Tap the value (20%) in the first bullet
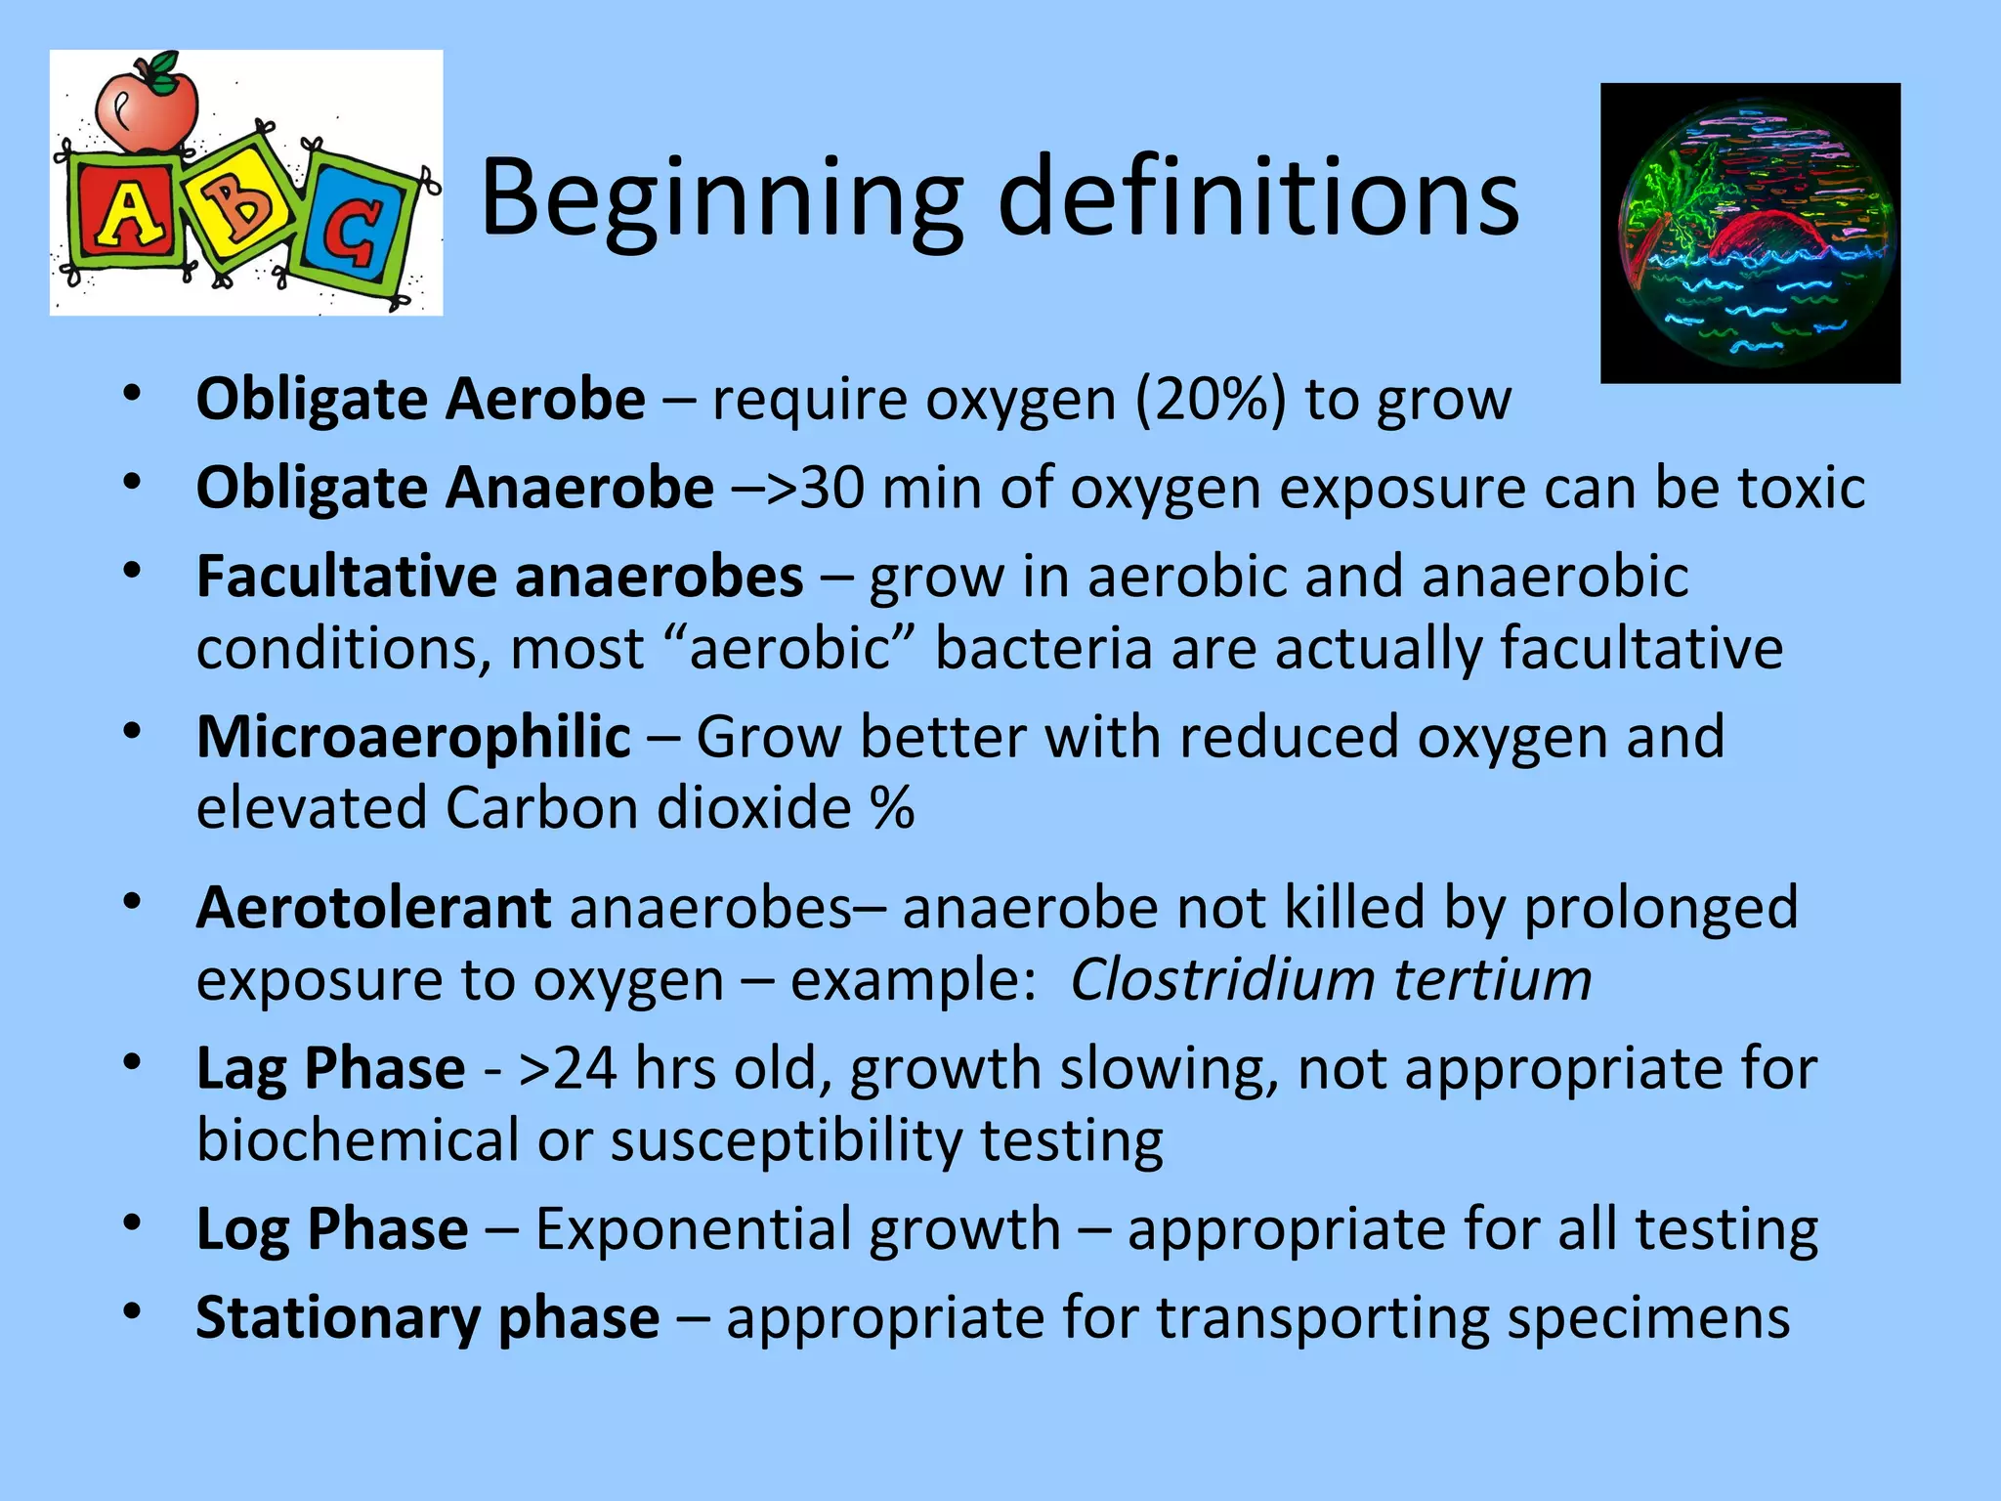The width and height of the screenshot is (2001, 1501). [x=1210, y=400]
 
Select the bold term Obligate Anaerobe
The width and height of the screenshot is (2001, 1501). [x=454, y=488]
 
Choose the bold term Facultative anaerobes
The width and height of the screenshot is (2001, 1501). [x=499, y=577]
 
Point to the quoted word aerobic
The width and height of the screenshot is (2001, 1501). [x=789, y=649]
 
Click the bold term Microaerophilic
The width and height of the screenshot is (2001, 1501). [x=413, y=737]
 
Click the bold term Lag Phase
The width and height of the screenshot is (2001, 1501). [x=330, y=1068]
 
